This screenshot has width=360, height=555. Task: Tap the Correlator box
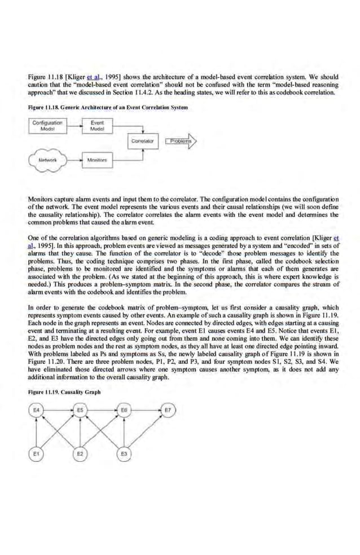tap(143, 140)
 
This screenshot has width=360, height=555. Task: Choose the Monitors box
tap(97, 160)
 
